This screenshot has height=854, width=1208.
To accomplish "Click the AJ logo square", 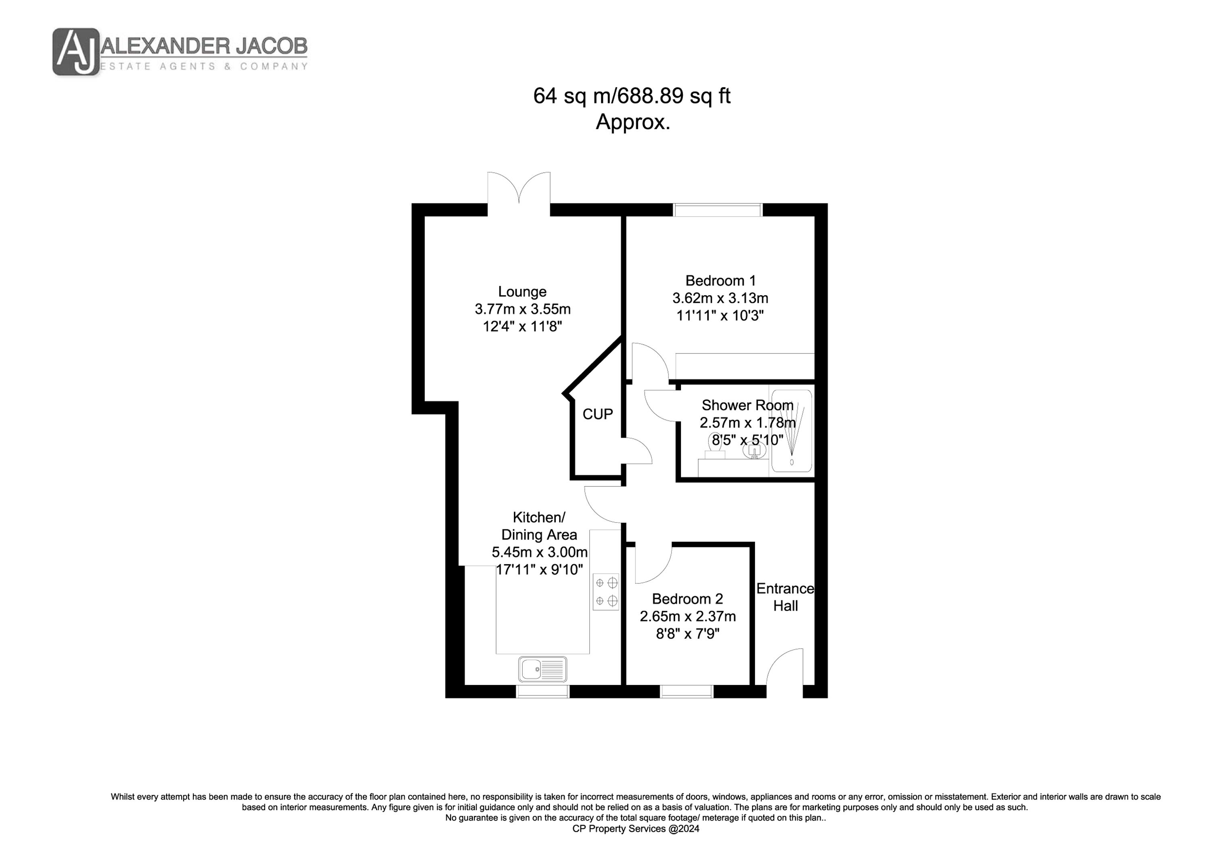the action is click(76, 52).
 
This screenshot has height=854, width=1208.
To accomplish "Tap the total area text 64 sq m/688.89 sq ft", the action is click(632, 96).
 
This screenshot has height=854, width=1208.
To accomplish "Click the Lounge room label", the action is click(522, 292).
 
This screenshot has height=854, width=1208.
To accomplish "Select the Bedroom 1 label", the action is click(720, 281).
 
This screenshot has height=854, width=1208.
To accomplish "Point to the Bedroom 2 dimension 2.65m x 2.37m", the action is click(688, 616).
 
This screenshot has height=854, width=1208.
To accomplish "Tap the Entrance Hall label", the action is click(786, 597).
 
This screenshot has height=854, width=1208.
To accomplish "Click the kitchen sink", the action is click(542, 669).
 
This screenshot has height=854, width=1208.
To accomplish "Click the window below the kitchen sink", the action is click(542, 691).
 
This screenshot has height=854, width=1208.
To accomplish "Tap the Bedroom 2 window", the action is click(687, 691).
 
